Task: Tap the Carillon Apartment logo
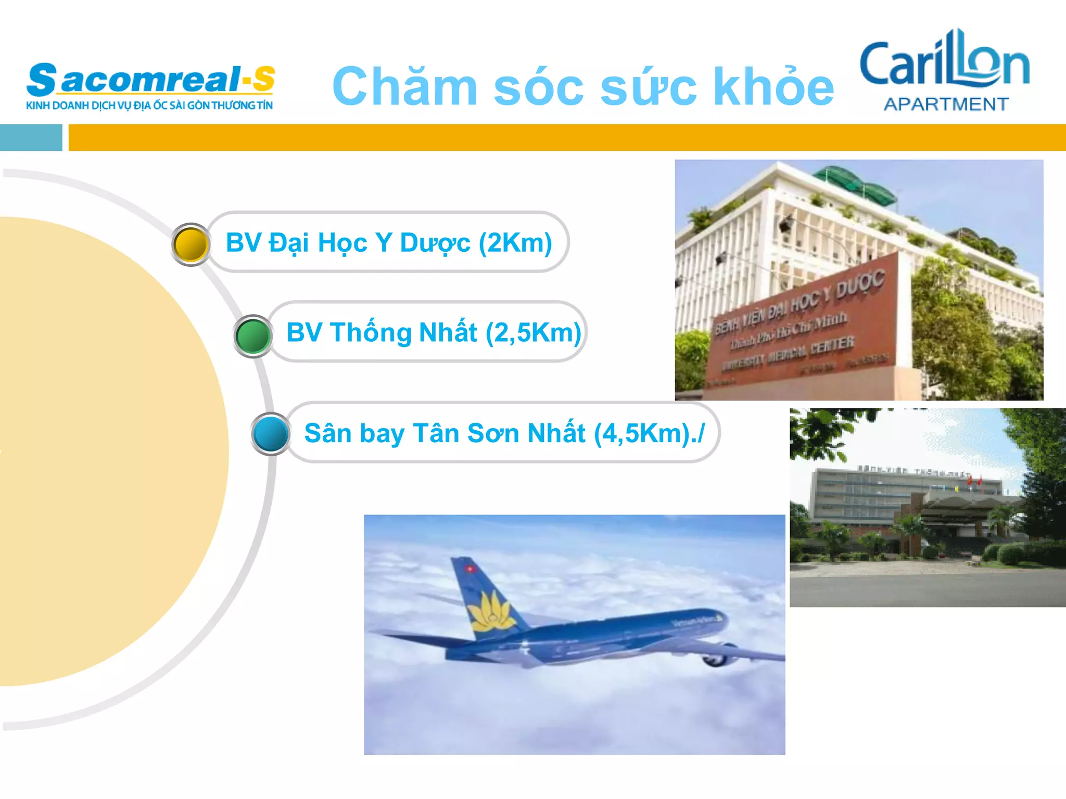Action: (x=945, y=70)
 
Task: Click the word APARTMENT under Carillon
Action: (x=946, y=105)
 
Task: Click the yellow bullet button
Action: (x=191, y=244)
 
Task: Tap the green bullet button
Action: (x=253, y=336)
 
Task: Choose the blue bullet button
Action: (x=271, y=434)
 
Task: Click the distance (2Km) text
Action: (x=515, y=243)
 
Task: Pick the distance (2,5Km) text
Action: (x=533, y=333)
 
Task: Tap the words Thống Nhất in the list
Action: (x=403, y=333)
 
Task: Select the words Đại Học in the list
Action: (x=318, y=243)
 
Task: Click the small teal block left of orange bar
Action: (x=31, y=138)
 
